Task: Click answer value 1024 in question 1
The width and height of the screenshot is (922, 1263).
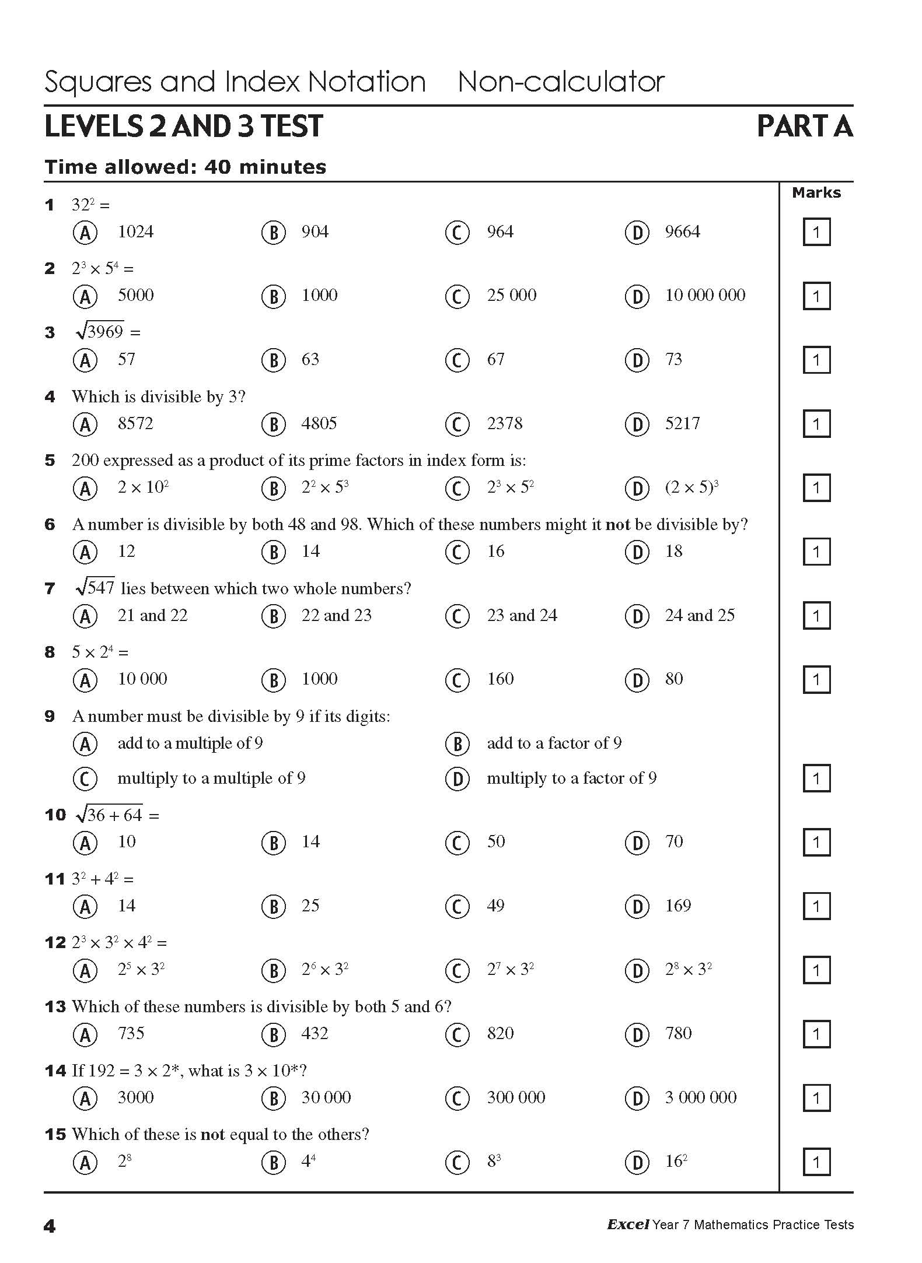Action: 135,232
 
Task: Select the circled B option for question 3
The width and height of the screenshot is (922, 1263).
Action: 273,360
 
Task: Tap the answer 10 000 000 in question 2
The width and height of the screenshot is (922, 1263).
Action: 705,296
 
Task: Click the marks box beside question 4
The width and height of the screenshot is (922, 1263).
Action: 816,424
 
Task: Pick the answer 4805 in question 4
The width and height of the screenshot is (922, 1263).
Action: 319,424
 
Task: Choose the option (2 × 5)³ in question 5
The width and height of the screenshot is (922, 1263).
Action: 691,487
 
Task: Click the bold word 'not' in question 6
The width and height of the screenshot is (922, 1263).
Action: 617,525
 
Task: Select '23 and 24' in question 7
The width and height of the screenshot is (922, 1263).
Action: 522,616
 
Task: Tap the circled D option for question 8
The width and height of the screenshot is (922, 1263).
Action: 637,680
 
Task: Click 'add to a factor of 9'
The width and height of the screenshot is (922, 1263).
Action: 554,743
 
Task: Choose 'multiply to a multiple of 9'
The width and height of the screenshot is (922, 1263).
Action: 211,778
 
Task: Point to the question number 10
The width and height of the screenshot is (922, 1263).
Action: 55,815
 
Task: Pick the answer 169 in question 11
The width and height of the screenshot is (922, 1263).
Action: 677,906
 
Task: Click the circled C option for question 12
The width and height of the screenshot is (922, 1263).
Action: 457,971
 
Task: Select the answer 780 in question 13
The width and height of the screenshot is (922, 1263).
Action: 678,1034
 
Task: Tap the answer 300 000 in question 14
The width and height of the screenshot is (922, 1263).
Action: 516,1098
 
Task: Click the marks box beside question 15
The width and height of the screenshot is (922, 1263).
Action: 816,1162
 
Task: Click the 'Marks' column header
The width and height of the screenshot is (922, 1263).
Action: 816,193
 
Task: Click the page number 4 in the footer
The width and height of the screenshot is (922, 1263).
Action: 50,1226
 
